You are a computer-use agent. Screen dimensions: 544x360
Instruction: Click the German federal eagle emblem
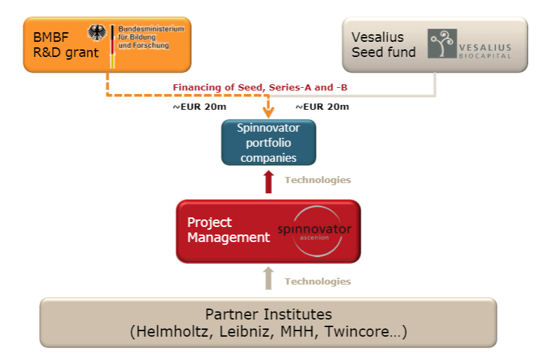click(97, 33)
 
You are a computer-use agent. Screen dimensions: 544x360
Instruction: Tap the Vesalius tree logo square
click(442, 43)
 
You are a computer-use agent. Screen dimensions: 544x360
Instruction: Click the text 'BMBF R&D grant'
click(66, 45)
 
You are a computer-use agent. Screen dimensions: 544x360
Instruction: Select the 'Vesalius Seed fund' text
click(384, 45)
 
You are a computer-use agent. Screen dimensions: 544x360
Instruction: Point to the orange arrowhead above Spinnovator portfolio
click(268, 112)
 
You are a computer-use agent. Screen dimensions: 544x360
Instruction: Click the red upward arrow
click(268, 182)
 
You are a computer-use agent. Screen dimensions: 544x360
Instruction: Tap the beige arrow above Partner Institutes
click(268, 278)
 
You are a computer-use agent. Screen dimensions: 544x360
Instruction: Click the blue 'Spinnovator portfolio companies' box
click(269, 143)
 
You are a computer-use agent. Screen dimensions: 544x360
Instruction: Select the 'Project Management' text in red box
click(228, 230)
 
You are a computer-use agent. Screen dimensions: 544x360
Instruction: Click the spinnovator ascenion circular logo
click(314, 231)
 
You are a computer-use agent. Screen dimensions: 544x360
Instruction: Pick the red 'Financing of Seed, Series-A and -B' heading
click(260, 88)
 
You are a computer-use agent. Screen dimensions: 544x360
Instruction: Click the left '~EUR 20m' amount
click(199, 106)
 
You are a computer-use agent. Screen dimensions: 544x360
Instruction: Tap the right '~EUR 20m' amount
click(322, 106)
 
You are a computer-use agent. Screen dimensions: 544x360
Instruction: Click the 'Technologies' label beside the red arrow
click(318, 180)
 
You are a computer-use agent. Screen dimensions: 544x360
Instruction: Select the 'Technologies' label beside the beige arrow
click(318, 281)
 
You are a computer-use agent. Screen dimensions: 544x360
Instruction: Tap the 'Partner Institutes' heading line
click(269, 314)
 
